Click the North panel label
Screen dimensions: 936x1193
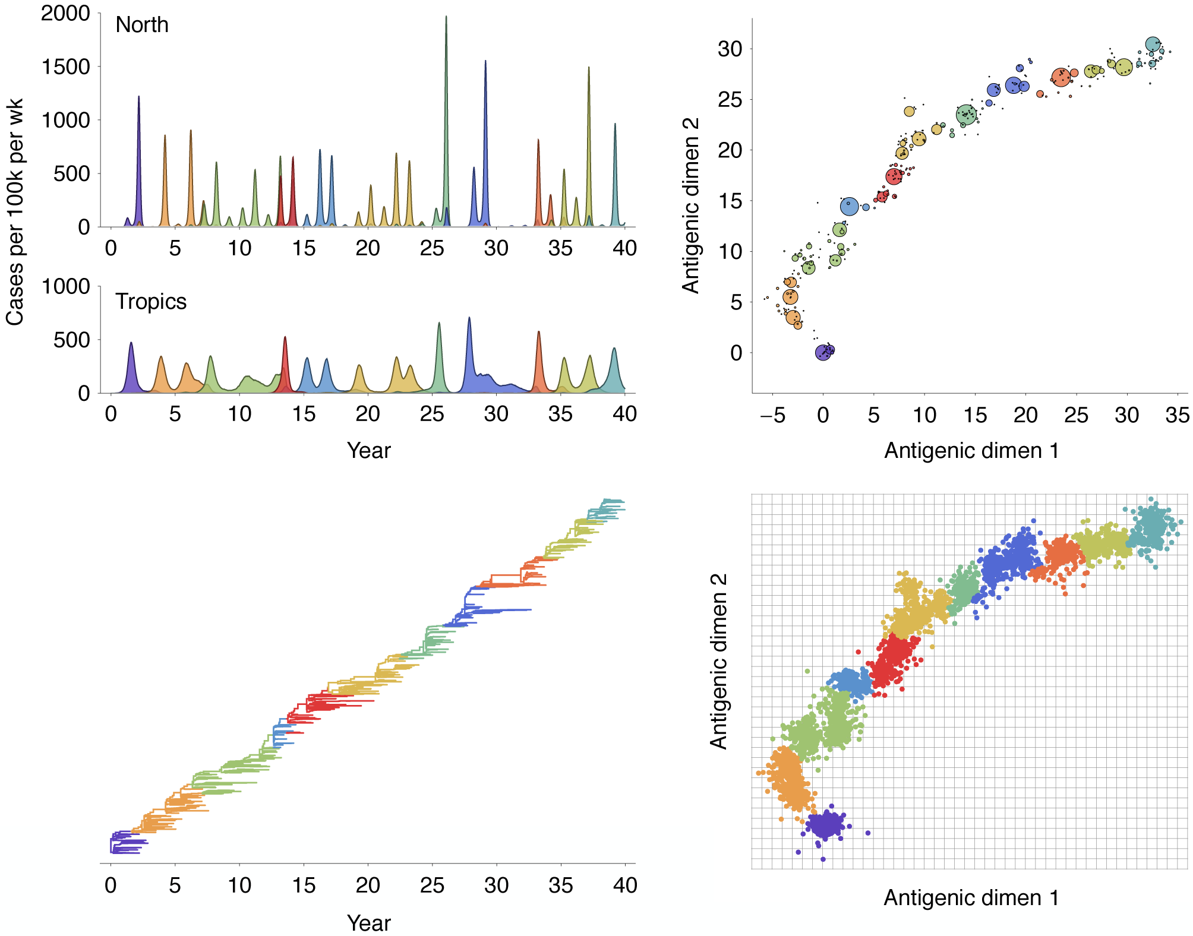tap(142, 25)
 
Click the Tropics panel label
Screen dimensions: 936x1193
tap(151, 302)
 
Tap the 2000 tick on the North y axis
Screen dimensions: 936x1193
tap(65, 13)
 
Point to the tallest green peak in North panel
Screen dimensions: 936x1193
tap(446, 24)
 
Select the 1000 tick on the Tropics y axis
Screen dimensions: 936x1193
tap(65, 286)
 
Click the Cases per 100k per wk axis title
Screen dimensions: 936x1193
tap(14, 212)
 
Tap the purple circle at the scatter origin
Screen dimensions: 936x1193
tap(823, 353)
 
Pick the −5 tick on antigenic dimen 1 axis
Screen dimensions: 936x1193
tap(772, 415)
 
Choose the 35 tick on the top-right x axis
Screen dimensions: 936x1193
tap(1177, 415)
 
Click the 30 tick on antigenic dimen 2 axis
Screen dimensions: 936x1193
tap(730, 49)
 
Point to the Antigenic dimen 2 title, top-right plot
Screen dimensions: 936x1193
tap(691, 205)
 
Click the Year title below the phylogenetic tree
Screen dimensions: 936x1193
tap(368, 923)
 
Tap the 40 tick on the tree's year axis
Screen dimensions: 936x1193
tap(625, 886)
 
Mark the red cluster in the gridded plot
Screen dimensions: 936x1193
tap(892, 659)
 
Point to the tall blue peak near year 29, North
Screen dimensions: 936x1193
tap(485, 65)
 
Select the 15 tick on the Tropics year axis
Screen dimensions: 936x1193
tap(304, 414)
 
